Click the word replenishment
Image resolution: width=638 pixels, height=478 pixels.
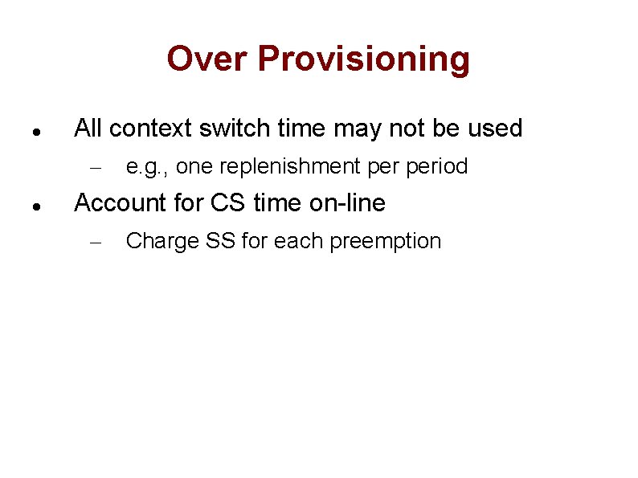(289, 167)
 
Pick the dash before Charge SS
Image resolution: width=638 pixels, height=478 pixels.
(92, 243)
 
